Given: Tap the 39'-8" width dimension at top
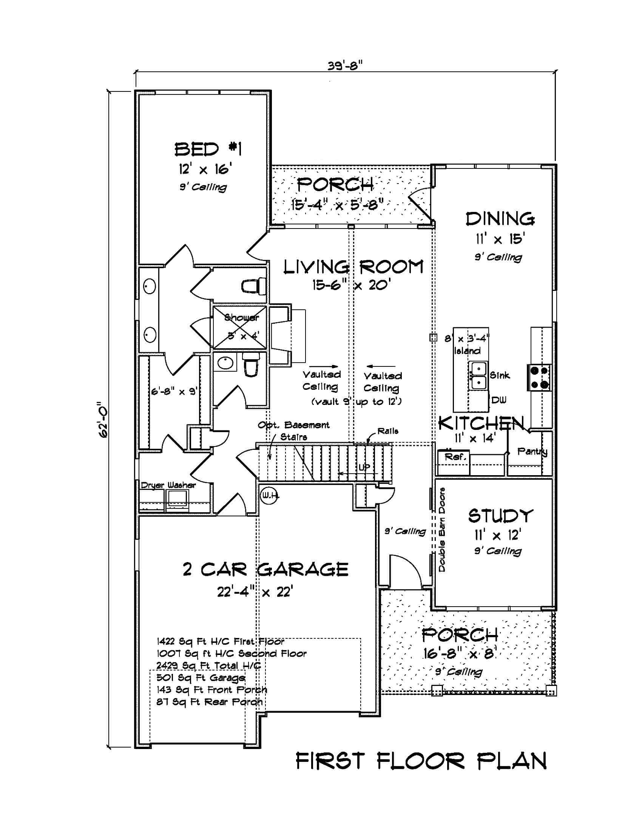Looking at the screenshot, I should pyautogui.click(x=345, y=66).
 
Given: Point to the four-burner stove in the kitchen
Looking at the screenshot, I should pyautogui.click(x=539, y=377).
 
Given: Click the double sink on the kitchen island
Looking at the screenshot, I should pyautogui.click(x=478, y=376).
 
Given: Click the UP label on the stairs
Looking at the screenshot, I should pyautogui.click(x=364, y=468).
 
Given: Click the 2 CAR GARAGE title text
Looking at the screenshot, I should pyautogui.click(x=265, y=570).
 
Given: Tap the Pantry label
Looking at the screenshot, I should pyautogui.click(x=532, y=452).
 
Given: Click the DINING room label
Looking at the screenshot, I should pyautogui.click(x=500, y=219).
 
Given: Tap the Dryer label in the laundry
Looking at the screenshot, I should pyautogui.click(x=152, y=485).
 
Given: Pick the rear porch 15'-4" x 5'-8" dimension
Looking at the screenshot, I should pyautogui.click(x=337, y=205).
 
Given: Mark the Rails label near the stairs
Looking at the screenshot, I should pyautogui.click(x=387, y=431).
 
